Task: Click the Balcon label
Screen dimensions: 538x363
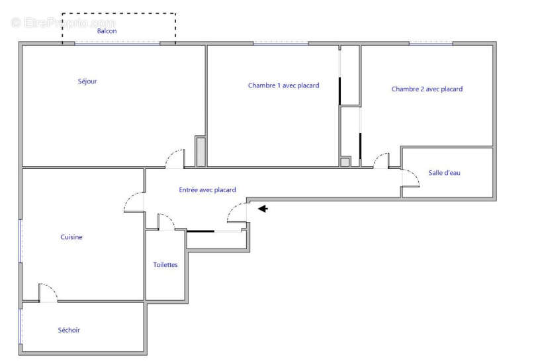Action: (x=107, y=31)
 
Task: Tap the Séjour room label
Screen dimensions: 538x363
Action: (x=87, y=81)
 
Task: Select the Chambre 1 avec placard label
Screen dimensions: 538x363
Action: (x=283, y=85)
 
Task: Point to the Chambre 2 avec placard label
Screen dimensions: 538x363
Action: (x=427, y=89)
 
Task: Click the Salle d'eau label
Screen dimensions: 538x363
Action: (x=444, y=173)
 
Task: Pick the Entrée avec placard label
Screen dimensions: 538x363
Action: (x=207, y=190)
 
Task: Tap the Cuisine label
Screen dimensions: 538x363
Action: (x=71, y=237)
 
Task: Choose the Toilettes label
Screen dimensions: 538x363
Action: (x=165, y=265)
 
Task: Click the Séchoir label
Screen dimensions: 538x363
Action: (x=69, y=330)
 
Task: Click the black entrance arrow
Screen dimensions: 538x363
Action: (x=263, y=209)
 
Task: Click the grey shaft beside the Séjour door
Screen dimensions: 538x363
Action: (x=201, y=152)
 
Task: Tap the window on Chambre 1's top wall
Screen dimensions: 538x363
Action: (x=281, y=44)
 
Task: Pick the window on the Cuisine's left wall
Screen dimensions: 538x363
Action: (x=21, y=241)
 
